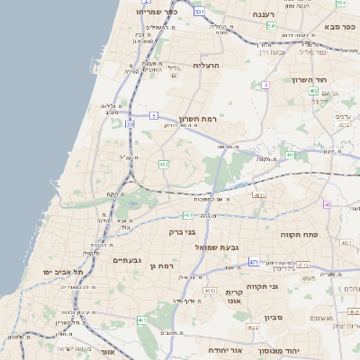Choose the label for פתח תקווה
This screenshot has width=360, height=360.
306,233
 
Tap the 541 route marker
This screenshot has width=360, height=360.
271,26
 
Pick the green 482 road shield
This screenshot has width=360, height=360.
163,164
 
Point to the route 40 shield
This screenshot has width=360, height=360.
327,204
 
